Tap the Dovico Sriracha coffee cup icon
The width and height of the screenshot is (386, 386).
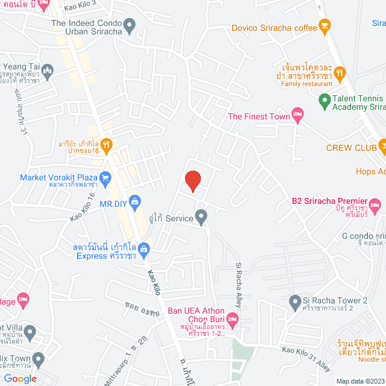pyautogui.click(x=326, y=27)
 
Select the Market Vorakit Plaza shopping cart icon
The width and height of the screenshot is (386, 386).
pyautogui.click(x=106, y=177)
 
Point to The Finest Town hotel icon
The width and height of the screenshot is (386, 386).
pyautogui.click(x=297, y=113)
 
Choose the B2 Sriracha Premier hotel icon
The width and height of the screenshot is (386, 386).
pyautogui.click(x=375, y=204)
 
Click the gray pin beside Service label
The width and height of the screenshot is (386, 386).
pyautogui.click(x=201, y=217)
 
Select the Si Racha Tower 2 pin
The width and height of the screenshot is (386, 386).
pyautogui.click(x=295, y=301)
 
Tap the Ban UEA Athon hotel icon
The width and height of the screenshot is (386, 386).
pyautogui.click(x=234, y=319)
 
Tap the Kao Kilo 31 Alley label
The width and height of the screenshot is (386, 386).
pyautogui.click(x=306, y=358)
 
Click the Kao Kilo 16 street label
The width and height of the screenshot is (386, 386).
pyautogui.click(x=83, y=207)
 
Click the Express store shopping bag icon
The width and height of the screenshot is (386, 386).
pyautogui.click(x=144, y=248)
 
